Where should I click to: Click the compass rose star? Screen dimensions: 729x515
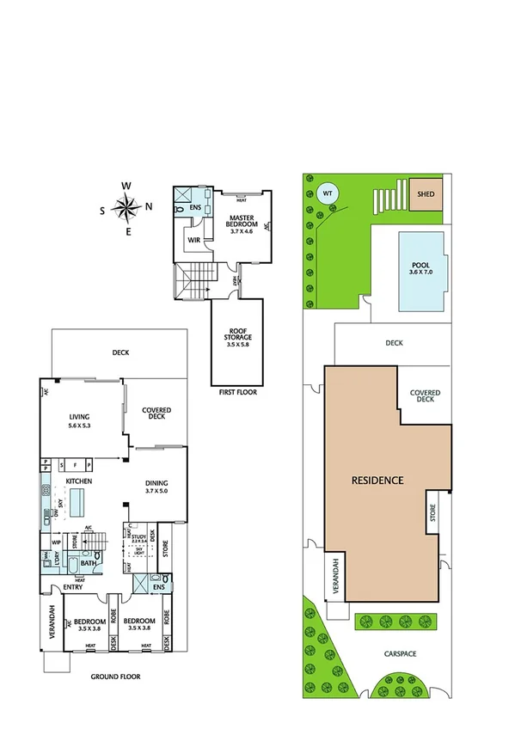coord(126,208)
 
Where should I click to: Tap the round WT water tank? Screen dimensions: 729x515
coord(327,193)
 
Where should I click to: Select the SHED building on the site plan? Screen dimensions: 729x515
coord(426,194)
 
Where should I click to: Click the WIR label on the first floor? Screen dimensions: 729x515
coord(194,241)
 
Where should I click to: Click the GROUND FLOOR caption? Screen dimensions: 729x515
coord(115,677)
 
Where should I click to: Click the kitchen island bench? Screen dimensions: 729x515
coord(80,500)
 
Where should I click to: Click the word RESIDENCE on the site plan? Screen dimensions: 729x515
coord(377,480)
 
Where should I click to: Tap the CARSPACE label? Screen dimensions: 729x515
coord(400,654)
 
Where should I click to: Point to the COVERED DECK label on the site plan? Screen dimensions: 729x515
coord(425,395)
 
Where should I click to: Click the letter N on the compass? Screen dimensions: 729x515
coord(149,205)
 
